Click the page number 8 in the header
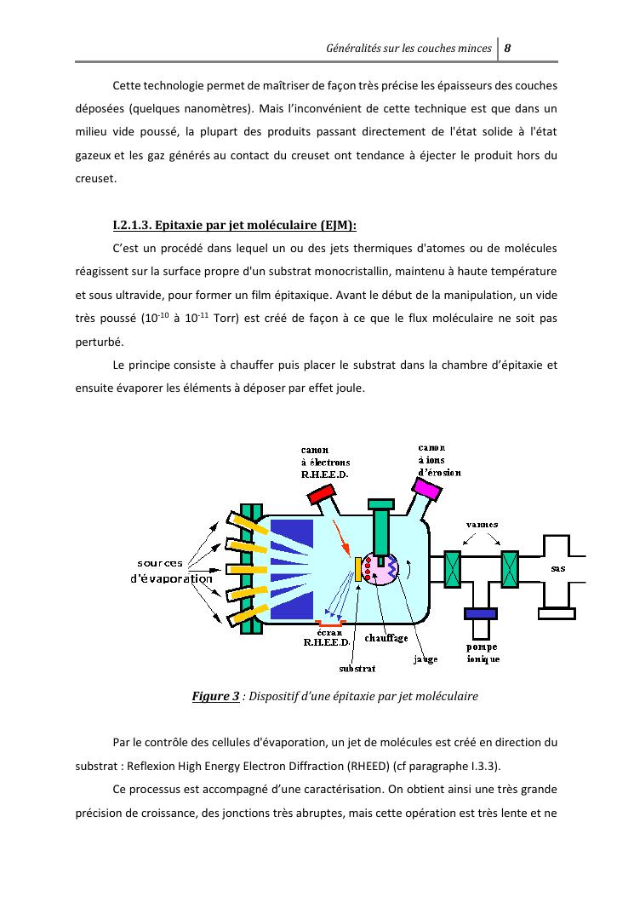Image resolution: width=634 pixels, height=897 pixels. [x=507, y=48]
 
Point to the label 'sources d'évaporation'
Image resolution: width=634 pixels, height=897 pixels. [x=174, y=571]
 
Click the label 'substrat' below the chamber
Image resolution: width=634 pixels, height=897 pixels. [x=357, y=668]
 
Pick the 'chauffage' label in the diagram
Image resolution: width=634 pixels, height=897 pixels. [x=386, y=638]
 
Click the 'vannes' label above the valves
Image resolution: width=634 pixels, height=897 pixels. [x=483, y=524]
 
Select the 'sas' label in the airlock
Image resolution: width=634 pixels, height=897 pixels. [x=557, y=567]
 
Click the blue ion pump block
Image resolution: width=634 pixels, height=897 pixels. [x=481, y=613]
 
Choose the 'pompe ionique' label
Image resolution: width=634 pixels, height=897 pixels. [x=483, y=653]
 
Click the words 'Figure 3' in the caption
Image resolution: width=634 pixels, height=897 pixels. [x=215, y=697]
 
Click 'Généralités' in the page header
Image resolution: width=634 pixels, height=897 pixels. [x=357, y=49]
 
